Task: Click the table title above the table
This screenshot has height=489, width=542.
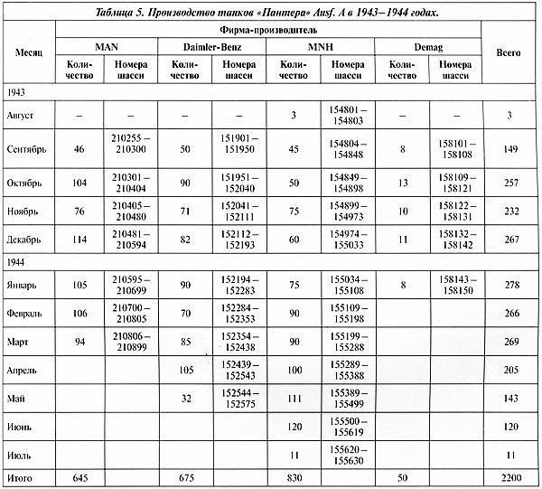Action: click(x=270, y=11)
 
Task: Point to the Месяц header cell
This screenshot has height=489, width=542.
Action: click(x=30, y=53)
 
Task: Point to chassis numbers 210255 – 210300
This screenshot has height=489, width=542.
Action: click(x=134, y=144)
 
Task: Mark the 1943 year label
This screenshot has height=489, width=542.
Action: click(x=15, y=92)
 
